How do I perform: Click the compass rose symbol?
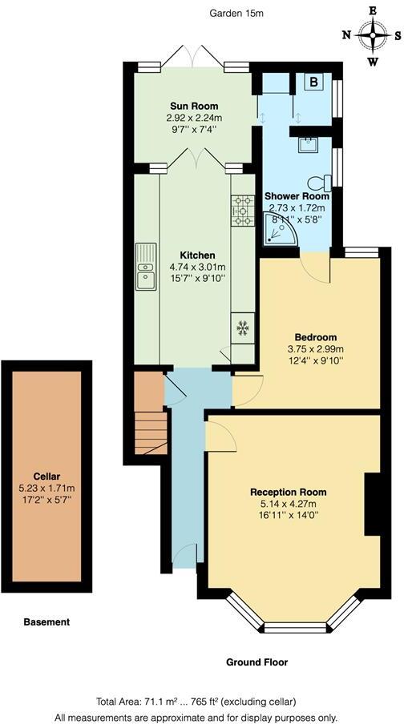pos(373,35)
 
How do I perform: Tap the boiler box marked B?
pos(315,82)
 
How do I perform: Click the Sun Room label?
pos(194,106)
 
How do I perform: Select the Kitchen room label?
pos(196,255)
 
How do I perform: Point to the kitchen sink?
pos(146,267)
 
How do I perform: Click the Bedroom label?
pos(317,337)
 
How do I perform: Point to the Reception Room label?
pos(288,491)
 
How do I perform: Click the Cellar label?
pos(47,476)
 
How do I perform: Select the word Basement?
pos(46,621)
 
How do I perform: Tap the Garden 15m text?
pos(236,13)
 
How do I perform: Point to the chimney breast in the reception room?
pos(373,503)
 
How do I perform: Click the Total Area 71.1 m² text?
pos(201,701)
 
